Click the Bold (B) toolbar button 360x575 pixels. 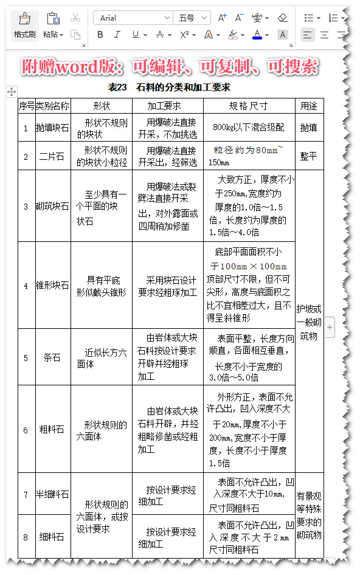coord(100,35)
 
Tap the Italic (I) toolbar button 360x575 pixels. coord(117,35)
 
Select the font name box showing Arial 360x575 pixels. coord(132,18)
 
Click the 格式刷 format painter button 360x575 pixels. coord(25,25)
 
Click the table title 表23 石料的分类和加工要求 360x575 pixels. coord(168,88)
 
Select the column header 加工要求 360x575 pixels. coord(167,106)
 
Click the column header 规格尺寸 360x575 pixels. coord(248,106)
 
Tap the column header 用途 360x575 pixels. coord(308,106)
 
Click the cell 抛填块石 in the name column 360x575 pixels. coord(52,128)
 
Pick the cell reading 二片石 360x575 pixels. coord(52,156)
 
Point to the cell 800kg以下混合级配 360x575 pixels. coord(248,128)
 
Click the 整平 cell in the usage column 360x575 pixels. coord(308,156)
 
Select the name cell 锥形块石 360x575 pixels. coord(52,285)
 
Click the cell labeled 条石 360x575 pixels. coord(52,357)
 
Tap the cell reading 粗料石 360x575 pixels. coord(52,430)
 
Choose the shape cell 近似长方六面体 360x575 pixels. coord(101,358)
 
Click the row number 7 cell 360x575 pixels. coord(26,494)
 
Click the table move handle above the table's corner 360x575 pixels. coord(11,91)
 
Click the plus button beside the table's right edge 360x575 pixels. coord(330,327)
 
